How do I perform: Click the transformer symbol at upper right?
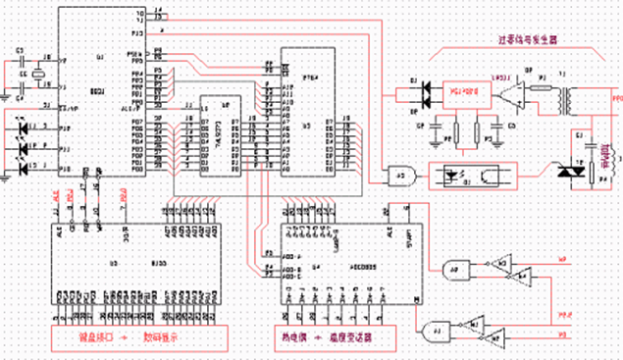click(x=567, y=98)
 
